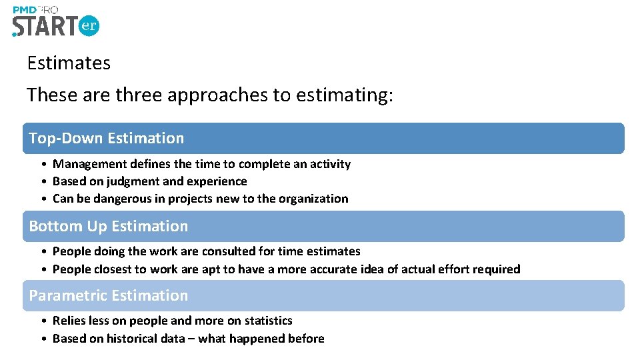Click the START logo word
coord(44,26)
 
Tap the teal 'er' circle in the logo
coord(89,26)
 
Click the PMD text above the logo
coord(25,9)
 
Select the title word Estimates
coord(69,63)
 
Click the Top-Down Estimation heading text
coord(107,138)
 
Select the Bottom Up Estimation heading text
coord(109,226)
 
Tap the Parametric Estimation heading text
coord(109,295)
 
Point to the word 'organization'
coord(313,199)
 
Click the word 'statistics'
coord(267,321)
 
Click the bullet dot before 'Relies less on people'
coord(43,321)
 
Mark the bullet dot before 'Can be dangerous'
coord(43,199)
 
